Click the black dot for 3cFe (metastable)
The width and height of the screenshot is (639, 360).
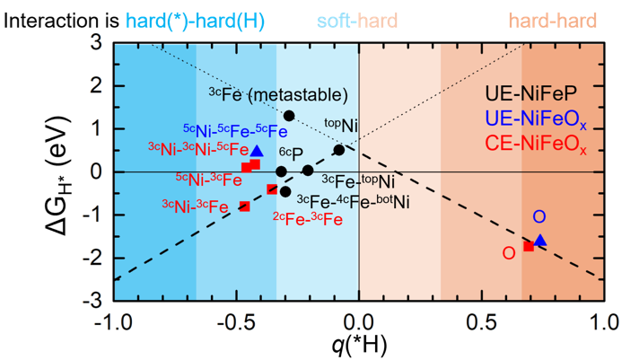tap(289, 116)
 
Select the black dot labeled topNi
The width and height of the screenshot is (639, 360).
tap(338, 150)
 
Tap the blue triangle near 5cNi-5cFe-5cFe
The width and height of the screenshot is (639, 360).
tap(257, 151)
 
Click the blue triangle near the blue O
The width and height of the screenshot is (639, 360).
tap(540, 240)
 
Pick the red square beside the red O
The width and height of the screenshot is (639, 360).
tap(529, 246)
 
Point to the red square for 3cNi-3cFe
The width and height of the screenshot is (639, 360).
tap(244, 206)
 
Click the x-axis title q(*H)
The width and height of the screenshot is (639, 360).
tap(358, 345)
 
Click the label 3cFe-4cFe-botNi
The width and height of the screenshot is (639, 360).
tap(353, 200)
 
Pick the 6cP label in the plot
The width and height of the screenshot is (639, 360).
tap(291, 154)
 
